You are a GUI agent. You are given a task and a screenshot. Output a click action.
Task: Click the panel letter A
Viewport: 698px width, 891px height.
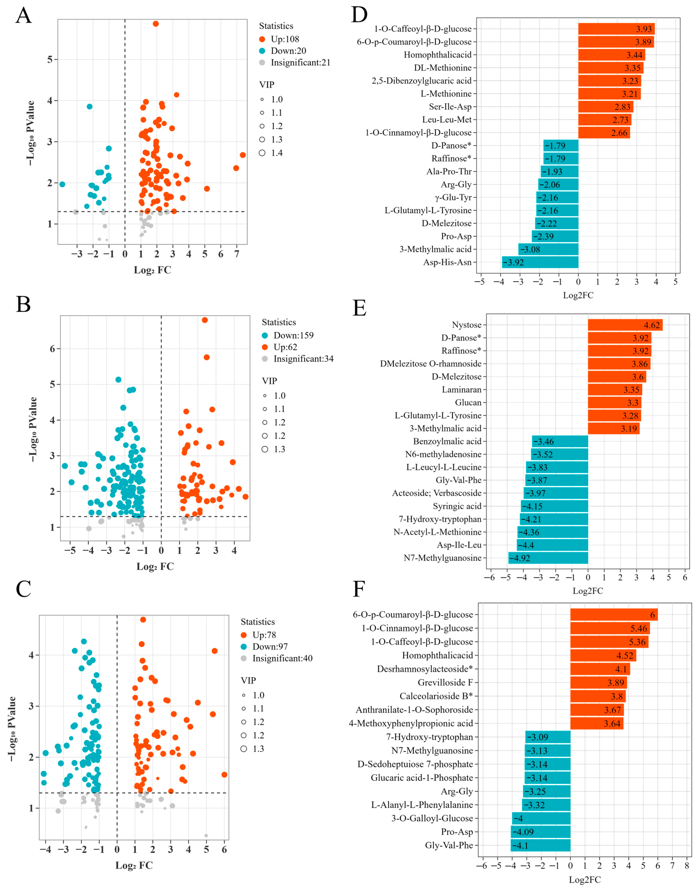point(23,16)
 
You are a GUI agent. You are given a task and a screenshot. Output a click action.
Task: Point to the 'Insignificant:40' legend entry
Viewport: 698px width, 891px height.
point(282,658)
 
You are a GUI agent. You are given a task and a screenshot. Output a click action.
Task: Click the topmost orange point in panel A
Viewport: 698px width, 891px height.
point(156,24)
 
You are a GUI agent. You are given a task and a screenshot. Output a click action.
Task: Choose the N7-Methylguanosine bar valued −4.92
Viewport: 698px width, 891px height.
point(548,558)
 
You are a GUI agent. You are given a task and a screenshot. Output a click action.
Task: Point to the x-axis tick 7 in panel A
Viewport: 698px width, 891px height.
point(237,254)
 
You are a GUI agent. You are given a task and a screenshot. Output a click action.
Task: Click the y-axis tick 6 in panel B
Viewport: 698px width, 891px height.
point(52,349)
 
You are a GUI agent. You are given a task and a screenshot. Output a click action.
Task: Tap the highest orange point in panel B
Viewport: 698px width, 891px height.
point(205,320)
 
